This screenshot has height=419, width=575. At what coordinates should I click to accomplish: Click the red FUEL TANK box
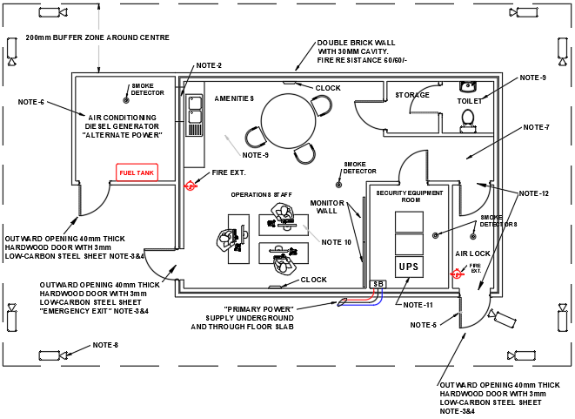137,172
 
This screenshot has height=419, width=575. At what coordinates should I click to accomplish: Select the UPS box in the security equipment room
407,266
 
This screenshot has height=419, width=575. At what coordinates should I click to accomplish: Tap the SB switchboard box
378,284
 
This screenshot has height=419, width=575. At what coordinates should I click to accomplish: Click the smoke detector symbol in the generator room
125,99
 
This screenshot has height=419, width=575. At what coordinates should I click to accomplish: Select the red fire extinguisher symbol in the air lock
456,273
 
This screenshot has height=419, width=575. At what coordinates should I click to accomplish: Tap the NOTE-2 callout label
209,66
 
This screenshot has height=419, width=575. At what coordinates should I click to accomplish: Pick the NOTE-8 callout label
105,345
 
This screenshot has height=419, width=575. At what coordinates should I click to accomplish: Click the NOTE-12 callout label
533,193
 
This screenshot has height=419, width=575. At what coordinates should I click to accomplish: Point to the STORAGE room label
412,95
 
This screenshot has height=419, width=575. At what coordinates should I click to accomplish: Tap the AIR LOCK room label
472,253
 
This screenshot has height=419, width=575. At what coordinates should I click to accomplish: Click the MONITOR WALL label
327,206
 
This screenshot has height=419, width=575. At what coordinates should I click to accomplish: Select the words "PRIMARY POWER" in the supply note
259,308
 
